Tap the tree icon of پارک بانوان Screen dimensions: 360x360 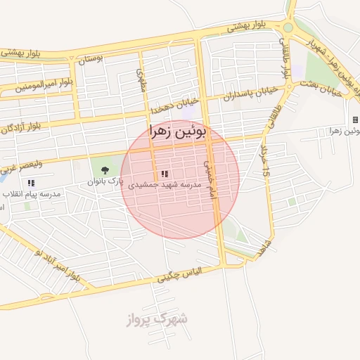105,169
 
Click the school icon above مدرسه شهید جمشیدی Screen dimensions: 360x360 165,174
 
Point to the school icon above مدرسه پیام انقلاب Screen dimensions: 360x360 30,183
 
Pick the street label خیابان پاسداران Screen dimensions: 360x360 246,95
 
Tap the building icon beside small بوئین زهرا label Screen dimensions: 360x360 355,120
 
